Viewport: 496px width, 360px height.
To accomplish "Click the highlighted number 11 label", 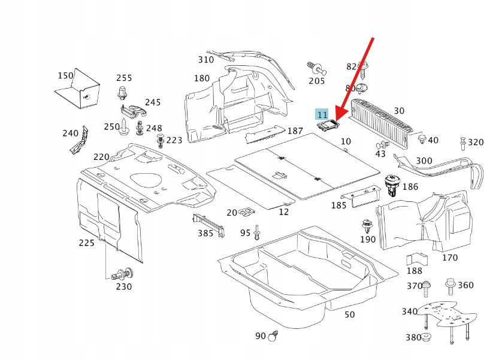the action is point(322,114).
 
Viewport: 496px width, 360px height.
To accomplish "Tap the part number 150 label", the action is point(65,75).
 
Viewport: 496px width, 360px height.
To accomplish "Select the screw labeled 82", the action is point(362,71).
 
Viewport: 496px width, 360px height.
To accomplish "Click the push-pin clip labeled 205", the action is point(316,68).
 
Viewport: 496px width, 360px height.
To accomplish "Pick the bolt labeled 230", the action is point(123,274).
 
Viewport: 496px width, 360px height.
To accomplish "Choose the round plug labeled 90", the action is point(273,336).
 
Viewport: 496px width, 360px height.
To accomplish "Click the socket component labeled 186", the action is point(392,185).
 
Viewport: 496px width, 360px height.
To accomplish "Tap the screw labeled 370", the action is point(427,288).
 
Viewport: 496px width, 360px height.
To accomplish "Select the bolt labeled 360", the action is point(450,286).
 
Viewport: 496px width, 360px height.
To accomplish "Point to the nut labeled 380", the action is point(426,337).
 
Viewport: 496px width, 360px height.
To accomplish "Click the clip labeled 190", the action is point(367,226).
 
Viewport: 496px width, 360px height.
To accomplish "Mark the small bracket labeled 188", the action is point(416,259).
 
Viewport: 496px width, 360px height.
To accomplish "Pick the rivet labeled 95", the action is point(257,232).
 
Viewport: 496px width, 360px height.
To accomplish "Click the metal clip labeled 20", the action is point(246,212).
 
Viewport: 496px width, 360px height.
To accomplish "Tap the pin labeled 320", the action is point(463,143).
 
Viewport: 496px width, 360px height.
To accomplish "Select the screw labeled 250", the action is point(124,126).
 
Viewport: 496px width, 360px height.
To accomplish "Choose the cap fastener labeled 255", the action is point(122,92).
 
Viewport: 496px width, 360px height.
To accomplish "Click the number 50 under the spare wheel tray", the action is point(350,314).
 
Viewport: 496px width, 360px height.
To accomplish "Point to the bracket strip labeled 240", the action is point(79,140).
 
